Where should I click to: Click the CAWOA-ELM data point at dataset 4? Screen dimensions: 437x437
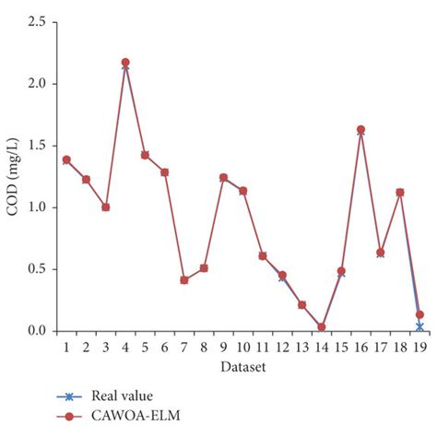tap(125, 62)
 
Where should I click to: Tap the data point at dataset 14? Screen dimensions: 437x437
tap(321, 326)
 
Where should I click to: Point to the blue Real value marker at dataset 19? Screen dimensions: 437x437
tap(419, 326)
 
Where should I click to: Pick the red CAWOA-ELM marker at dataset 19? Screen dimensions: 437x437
tap(419, 314)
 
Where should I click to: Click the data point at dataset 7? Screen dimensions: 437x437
tap(184, 279)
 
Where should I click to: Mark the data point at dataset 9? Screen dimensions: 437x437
tap(223, 177)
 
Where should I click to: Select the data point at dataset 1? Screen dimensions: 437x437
tap(66, 159)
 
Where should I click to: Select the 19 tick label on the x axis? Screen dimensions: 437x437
tap(419, 347)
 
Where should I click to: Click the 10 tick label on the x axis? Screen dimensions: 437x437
tap(242, 347)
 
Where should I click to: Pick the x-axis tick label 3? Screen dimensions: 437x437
tap(105, 347)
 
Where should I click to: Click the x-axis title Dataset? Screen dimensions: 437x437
tap(243, 367)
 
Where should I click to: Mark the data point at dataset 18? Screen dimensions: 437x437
tap(400, 193)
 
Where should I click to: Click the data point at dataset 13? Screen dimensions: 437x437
tap(301, 304)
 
